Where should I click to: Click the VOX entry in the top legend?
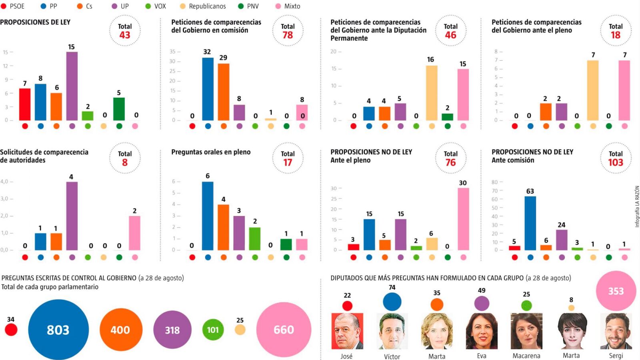pos(156,6)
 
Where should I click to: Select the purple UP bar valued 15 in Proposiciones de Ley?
pos(72,86)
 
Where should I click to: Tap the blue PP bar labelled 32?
pos(208,89)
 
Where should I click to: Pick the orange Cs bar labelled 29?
pos(224,92)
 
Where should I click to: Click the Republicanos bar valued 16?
pos(432,93)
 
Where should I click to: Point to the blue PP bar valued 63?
pos(530,223)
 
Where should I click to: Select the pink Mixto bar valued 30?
pos(463,219)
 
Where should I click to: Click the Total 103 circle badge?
pos(616,158)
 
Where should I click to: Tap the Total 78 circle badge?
pos(288,31)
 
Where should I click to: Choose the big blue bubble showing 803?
pos(58,330)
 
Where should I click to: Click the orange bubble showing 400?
pos(121,330)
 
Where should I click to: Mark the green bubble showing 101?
pos(213,330)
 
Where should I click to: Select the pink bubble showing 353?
pos(616,291)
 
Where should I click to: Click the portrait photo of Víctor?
pos(392,331)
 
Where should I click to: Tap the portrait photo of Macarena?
pos(526,331)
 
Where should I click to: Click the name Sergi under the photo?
pos(616,356)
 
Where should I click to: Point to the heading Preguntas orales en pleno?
pos(211,152)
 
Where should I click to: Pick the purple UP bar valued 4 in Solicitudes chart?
pos(72,216)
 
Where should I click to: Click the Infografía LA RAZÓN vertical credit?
pos(637,206)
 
